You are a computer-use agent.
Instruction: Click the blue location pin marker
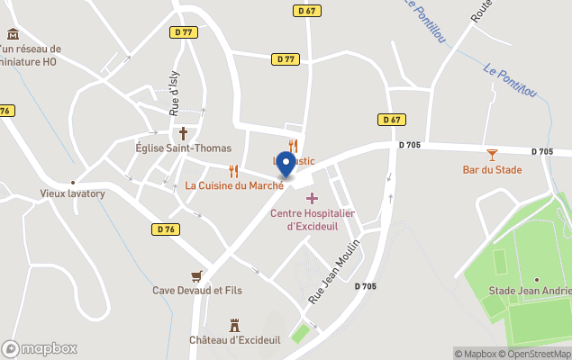286,165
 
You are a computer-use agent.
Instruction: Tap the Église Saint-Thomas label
183,148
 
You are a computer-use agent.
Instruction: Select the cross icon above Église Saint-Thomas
183,131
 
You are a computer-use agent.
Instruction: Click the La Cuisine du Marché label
234,185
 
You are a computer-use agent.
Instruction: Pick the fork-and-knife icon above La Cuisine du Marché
234,169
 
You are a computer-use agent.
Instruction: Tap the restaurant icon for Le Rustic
293,145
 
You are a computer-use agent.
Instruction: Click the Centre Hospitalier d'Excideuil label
312,219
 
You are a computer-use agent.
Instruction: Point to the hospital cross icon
312,197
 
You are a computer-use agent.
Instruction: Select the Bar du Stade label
492,168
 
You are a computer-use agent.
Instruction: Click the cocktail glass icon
492,154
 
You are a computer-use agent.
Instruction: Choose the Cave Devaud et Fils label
196,290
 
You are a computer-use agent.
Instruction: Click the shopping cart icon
196,274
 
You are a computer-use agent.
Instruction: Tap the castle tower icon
236,323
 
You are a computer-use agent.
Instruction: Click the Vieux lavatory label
73,193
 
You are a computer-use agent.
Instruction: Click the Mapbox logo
40,348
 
